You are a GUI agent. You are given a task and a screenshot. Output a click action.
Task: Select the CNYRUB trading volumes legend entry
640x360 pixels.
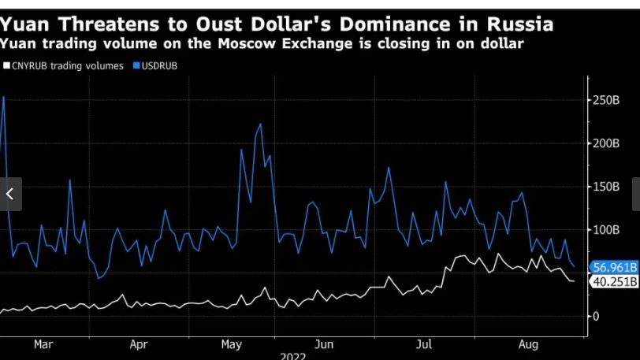click(x=67, y=66)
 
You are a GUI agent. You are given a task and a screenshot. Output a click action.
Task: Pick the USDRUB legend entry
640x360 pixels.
click(x=159, y=66)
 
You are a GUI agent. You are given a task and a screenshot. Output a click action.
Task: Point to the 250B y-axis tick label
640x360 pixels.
click(x=607, y=100)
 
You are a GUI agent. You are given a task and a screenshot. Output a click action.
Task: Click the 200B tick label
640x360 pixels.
click(x=607, y=143)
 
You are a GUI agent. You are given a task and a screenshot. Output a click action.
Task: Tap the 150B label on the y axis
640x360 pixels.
click(x=607, y=187)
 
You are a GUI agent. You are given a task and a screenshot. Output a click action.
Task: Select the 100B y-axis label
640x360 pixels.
click(x=607, y=230)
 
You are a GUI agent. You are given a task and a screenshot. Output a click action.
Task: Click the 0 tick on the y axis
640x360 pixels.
click(x=597, y=316)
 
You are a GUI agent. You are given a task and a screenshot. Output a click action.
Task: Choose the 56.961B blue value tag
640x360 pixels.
click(x=615, y=268)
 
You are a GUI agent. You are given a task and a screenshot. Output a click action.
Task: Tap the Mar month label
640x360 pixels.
click(x=43, y=344)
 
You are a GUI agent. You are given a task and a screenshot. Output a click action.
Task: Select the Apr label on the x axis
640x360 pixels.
click(x=139, y=344)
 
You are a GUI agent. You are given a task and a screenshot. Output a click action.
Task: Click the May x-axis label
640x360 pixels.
click(x=232, y=344)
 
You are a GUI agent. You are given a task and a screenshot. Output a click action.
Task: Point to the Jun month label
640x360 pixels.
click(x=324, y=344)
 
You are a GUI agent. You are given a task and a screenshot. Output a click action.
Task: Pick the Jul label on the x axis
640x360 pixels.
click(x=425, y=344)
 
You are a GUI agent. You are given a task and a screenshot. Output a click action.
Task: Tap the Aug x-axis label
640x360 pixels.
click(x=528, y=344)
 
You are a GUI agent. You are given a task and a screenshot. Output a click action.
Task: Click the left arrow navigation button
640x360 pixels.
click(x=10, y=194)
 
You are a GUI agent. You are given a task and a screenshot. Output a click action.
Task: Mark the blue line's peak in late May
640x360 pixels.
click(x=261, y=124)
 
